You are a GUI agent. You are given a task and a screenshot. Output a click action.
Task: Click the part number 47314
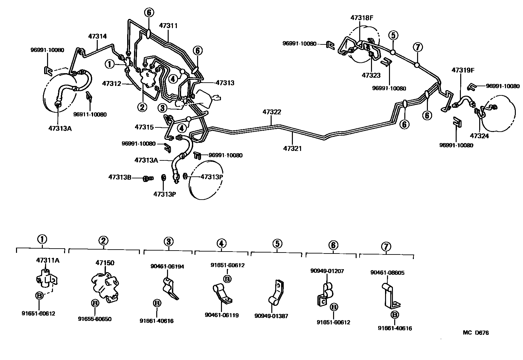(97, 37)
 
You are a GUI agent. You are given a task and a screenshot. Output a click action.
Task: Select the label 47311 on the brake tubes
(168, 25)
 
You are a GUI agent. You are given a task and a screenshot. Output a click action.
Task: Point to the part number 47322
(272, 112)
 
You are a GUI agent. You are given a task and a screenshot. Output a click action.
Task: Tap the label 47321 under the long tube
(293, 148)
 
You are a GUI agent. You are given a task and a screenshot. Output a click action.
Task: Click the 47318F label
(362, 18)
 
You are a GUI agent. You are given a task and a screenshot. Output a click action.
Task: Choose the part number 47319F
(463, 70)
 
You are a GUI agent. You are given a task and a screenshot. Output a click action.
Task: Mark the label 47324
(479, 136)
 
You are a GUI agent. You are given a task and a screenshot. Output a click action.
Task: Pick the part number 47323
(371, 75)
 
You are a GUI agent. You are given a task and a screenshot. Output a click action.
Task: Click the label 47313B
(120, 177)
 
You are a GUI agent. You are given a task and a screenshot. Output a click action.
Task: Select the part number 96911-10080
(90, 114)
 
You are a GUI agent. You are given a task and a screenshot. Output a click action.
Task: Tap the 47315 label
(144, 127)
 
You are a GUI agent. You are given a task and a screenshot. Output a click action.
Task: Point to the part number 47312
(112, 83)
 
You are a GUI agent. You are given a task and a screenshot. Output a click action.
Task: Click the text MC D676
(476, 333)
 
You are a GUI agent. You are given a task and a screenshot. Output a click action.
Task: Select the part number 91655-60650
(95, 319)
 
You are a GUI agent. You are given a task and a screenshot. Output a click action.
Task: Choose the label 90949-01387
(271, 316)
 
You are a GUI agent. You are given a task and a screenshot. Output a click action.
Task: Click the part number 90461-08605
(387, 273)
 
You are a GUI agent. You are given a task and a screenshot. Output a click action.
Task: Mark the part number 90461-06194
(167, 267)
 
